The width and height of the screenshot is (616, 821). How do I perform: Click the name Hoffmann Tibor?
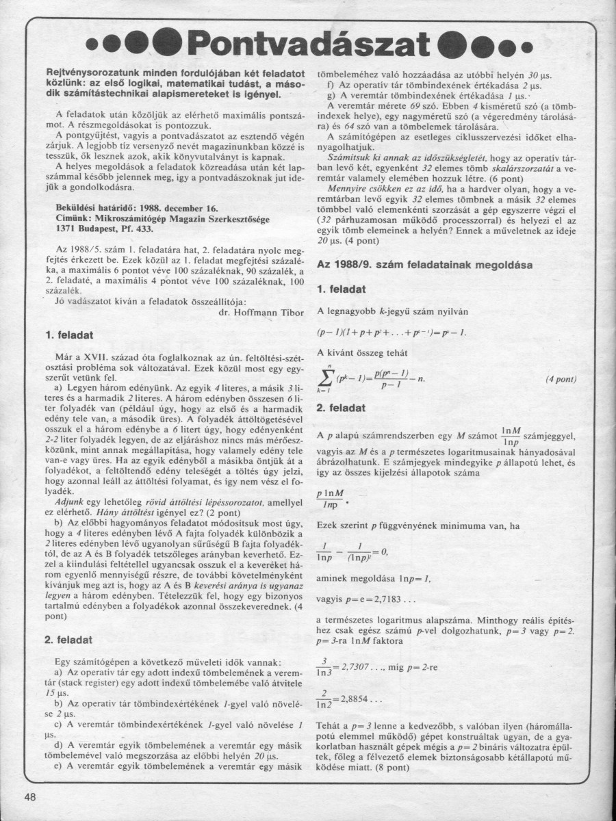[x=258, y=311]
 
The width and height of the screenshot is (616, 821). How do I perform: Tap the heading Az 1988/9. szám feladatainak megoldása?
[x=420, y=263]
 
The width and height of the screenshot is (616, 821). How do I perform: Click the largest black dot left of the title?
[x=166, y=46]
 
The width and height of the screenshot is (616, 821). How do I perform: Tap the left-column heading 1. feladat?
[x=68, y=335]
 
